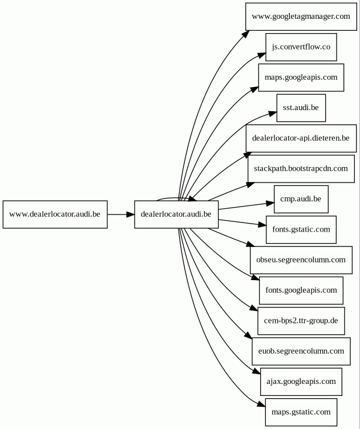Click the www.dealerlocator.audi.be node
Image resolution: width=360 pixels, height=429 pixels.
pyautogui.click(x=55, y=214)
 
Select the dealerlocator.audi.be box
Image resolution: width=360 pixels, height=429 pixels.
pyautogui.click(x=176, y=214)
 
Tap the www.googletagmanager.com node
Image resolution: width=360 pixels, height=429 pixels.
pyautogui.click(x=301, y=17)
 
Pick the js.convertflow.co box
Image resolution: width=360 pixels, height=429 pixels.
pyautogui.click(x=301, y=47)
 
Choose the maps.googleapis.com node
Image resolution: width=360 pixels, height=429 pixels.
pyautogui.click(x=301, y=78)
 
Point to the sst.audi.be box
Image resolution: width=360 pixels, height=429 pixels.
pyautogui.click(x=301, y=108)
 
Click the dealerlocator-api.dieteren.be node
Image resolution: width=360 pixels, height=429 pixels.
pyautogui.click(x=301, y=138)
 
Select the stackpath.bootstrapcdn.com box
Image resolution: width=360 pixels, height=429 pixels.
pyautogui.click(x=301, y=169)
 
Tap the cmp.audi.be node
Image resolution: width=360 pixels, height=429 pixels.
pyautogui.click(x=301, y=199)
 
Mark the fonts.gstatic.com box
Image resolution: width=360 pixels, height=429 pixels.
pyautogui.click(x=301, y=229)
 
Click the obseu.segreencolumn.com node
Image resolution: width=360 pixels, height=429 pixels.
pyautogui.click(x=301, y=260)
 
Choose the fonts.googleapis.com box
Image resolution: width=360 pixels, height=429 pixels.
pyautogui.click(x=301, y=290)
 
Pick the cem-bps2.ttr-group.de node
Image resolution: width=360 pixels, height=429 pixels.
pyautogui.click(x=301, y=321)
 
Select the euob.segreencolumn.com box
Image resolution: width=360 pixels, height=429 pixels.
pyautogui.click(x=301, y=351)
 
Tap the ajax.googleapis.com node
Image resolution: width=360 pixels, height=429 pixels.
pyautogui.click(x=301, y=382)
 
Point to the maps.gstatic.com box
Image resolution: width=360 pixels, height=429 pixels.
pyautogui.click(x=301, y=412)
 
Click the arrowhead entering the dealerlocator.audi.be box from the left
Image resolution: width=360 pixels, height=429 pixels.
pyautogui.click(x=131, y=214)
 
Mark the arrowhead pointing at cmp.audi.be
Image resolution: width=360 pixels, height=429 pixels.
pyautogui.click(x=270, y=203)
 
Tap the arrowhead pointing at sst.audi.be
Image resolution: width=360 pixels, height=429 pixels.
pyautogui.click(x=273, y=114)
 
